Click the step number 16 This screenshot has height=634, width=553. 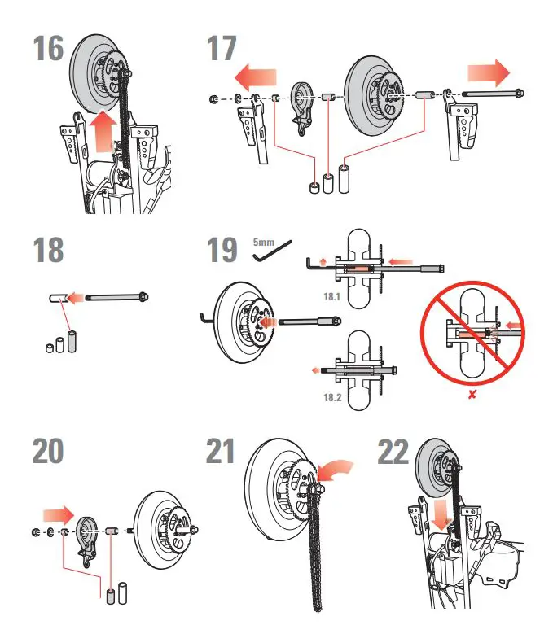[x=48, y=50]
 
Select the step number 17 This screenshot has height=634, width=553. [x=221, y=50]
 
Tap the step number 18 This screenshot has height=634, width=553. [x=48, y=250]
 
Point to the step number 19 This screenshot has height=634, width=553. [x=222, y=250]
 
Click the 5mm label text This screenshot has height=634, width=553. [x=264, y=242]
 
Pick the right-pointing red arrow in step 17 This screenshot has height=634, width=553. [x=488, y=76]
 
